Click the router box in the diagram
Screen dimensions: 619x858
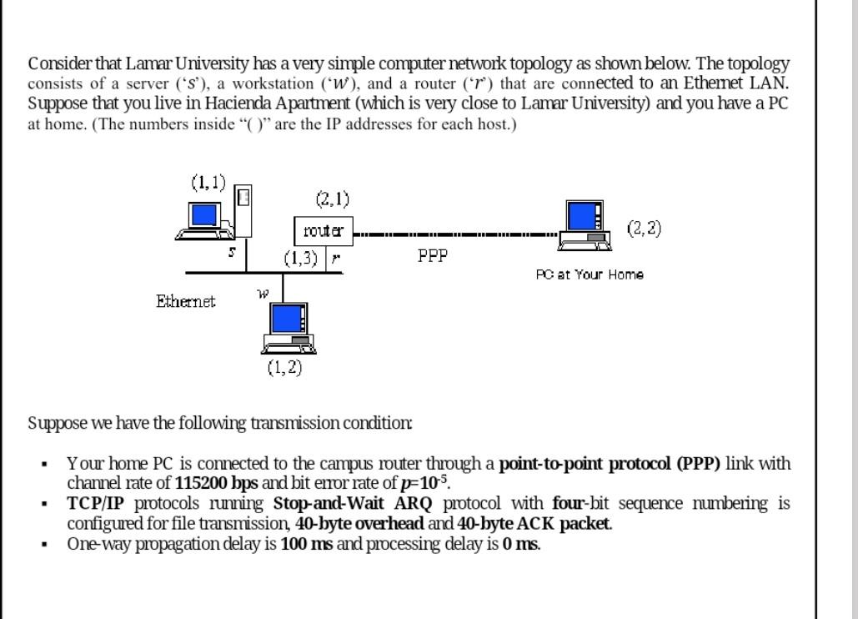pos(324,231)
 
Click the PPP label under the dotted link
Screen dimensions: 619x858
pos(433,256)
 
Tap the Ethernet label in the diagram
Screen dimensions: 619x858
pos(185,301)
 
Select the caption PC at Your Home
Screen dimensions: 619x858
pos(590,274)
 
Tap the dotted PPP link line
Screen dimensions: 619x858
pos(454,234)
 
